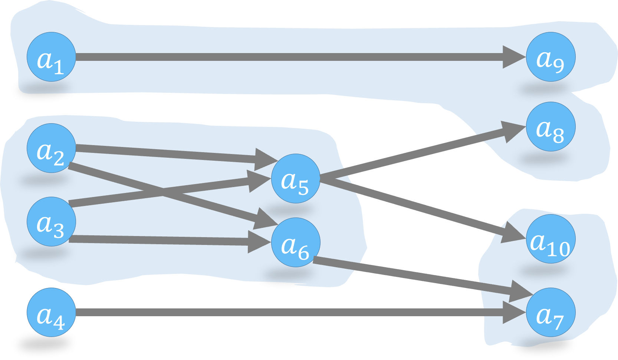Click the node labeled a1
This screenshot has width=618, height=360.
coord(51,57)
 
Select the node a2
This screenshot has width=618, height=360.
coord(51,148)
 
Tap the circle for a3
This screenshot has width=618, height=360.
coord(51,222)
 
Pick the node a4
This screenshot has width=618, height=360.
coord(51,312)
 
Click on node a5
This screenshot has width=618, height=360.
coord(296,179)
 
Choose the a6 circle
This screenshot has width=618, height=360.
coord(296,242)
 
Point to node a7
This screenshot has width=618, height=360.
coord(550,312)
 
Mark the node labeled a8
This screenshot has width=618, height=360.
coord(550,127)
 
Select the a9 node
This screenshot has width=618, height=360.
coord(550,57)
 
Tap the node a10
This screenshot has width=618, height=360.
coord(550,239)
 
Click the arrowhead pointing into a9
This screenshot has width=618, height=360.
coord(514,57)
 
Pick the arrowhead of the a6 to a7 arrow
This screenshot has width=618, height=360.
coord(521,292)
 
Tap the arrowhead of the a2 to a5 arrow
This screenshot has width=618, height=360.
coord(266,159)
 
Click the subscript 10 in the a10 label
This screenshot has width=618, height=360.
coord(558,249)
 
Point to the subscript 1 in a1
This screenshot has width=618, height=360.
coord(59,68)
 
